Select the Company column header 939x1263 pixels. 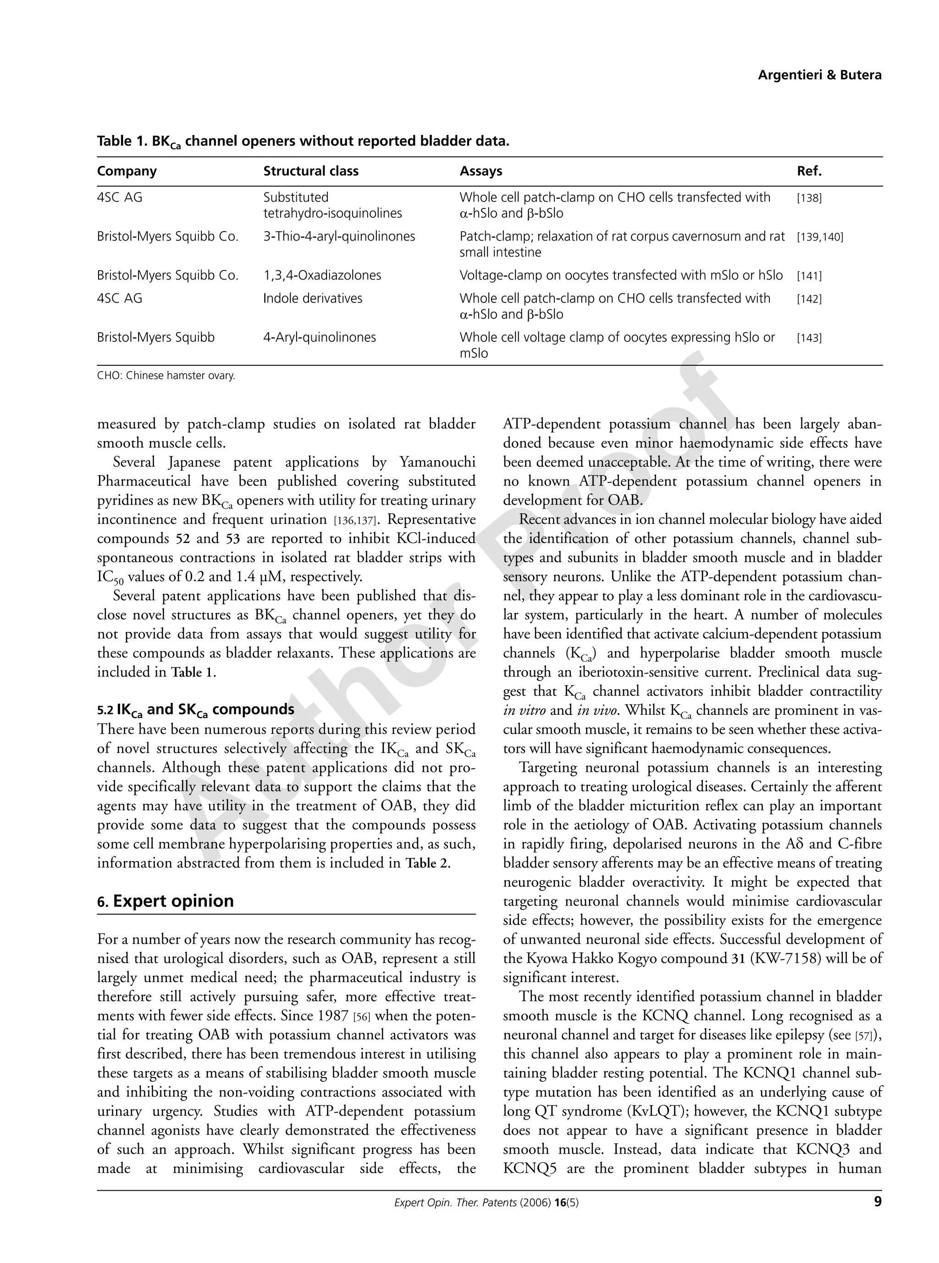(127, 171)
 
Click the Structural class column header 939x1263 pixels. (310, 171)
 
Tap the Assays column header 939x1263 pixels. (481, 171)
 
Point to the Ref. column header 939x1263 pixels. (809, 171)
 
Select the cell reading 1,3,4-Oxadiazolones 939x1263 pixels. (322, 275)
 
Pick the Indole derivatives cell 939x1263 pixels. (312, 299)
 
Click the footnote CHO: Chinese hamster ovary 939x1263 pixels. (166, 375)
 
